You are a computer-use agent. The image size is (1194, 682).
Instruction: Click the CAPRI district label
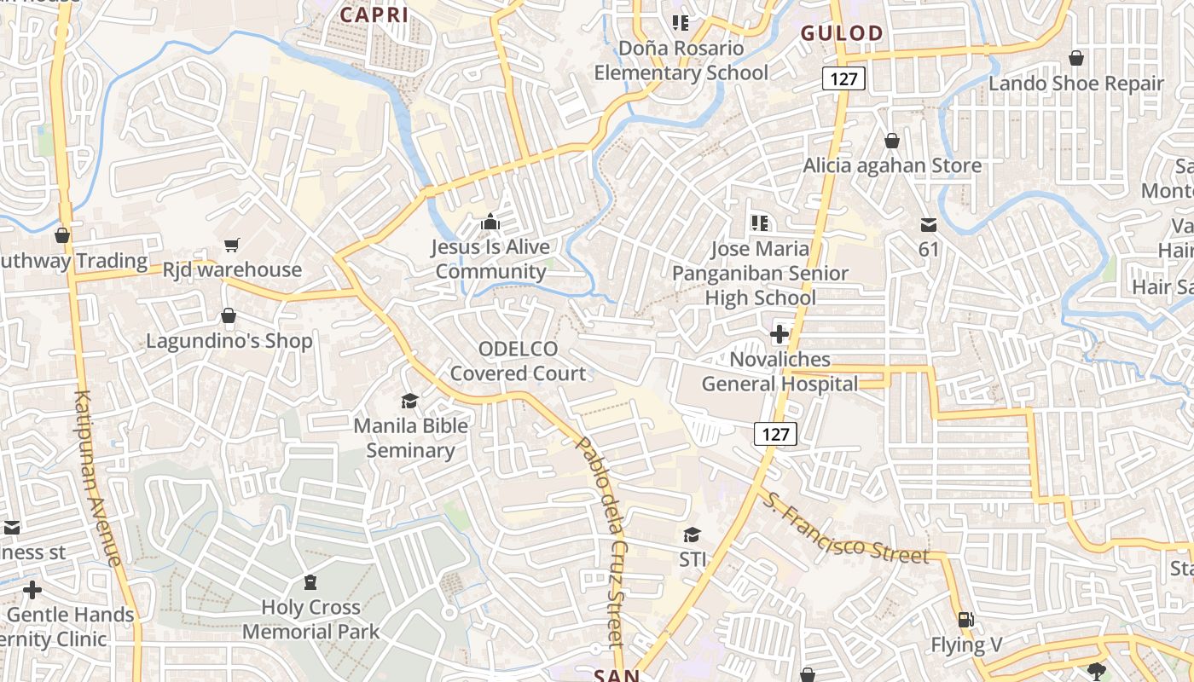coord(374,14)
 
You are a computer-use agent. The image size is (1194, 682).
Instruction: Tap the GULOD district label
coord(842,33)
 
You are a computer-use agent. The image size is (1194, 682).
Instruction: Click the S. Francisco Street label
coord(843,529)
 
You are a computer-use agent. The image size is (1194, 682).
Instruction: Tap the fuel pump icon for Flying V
coord(965,620)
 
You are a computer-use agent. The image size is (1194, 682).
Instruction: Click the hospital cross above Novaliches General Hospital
coord(779,334)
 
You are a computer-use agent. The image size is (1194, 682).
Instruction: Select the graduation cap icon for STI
coord(692,535)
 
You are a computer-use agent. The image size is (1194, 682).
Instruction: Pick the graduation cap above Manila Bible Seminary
coord(410,401)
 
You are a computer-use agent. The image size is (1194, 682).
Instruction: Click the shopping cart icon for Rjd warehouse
coord(231,246)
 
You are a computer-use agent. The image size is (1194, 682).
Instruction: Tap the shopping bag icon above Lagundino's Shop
coord(228,316)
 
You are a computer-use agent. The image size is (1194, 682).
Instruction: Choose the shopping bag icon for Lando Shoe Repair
coord(1076,58)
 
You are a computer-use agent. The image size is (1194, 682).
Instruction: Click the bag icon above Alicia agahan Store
coord(892,140)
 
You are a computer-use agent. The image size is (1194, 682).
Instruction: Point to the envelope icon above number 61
coord(929,225)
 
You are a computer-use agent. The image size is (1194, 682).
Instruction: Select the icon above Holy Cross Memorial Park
coord(310,582)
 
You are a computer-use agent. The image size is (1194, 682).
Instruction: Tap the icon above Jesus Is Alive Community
coord(490,223)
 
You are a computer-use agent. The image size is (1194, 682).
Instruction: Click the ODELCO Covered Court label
coord(519,361)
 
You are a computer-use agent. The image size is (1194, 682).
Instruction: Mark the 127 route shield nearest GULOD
coord(844,79)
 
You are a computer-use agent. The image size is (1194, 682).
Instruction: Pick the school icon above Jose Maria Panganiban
coord(759,223)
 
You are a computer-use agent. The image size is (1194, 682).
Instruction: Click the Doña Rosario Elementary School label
coord(681,61)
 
